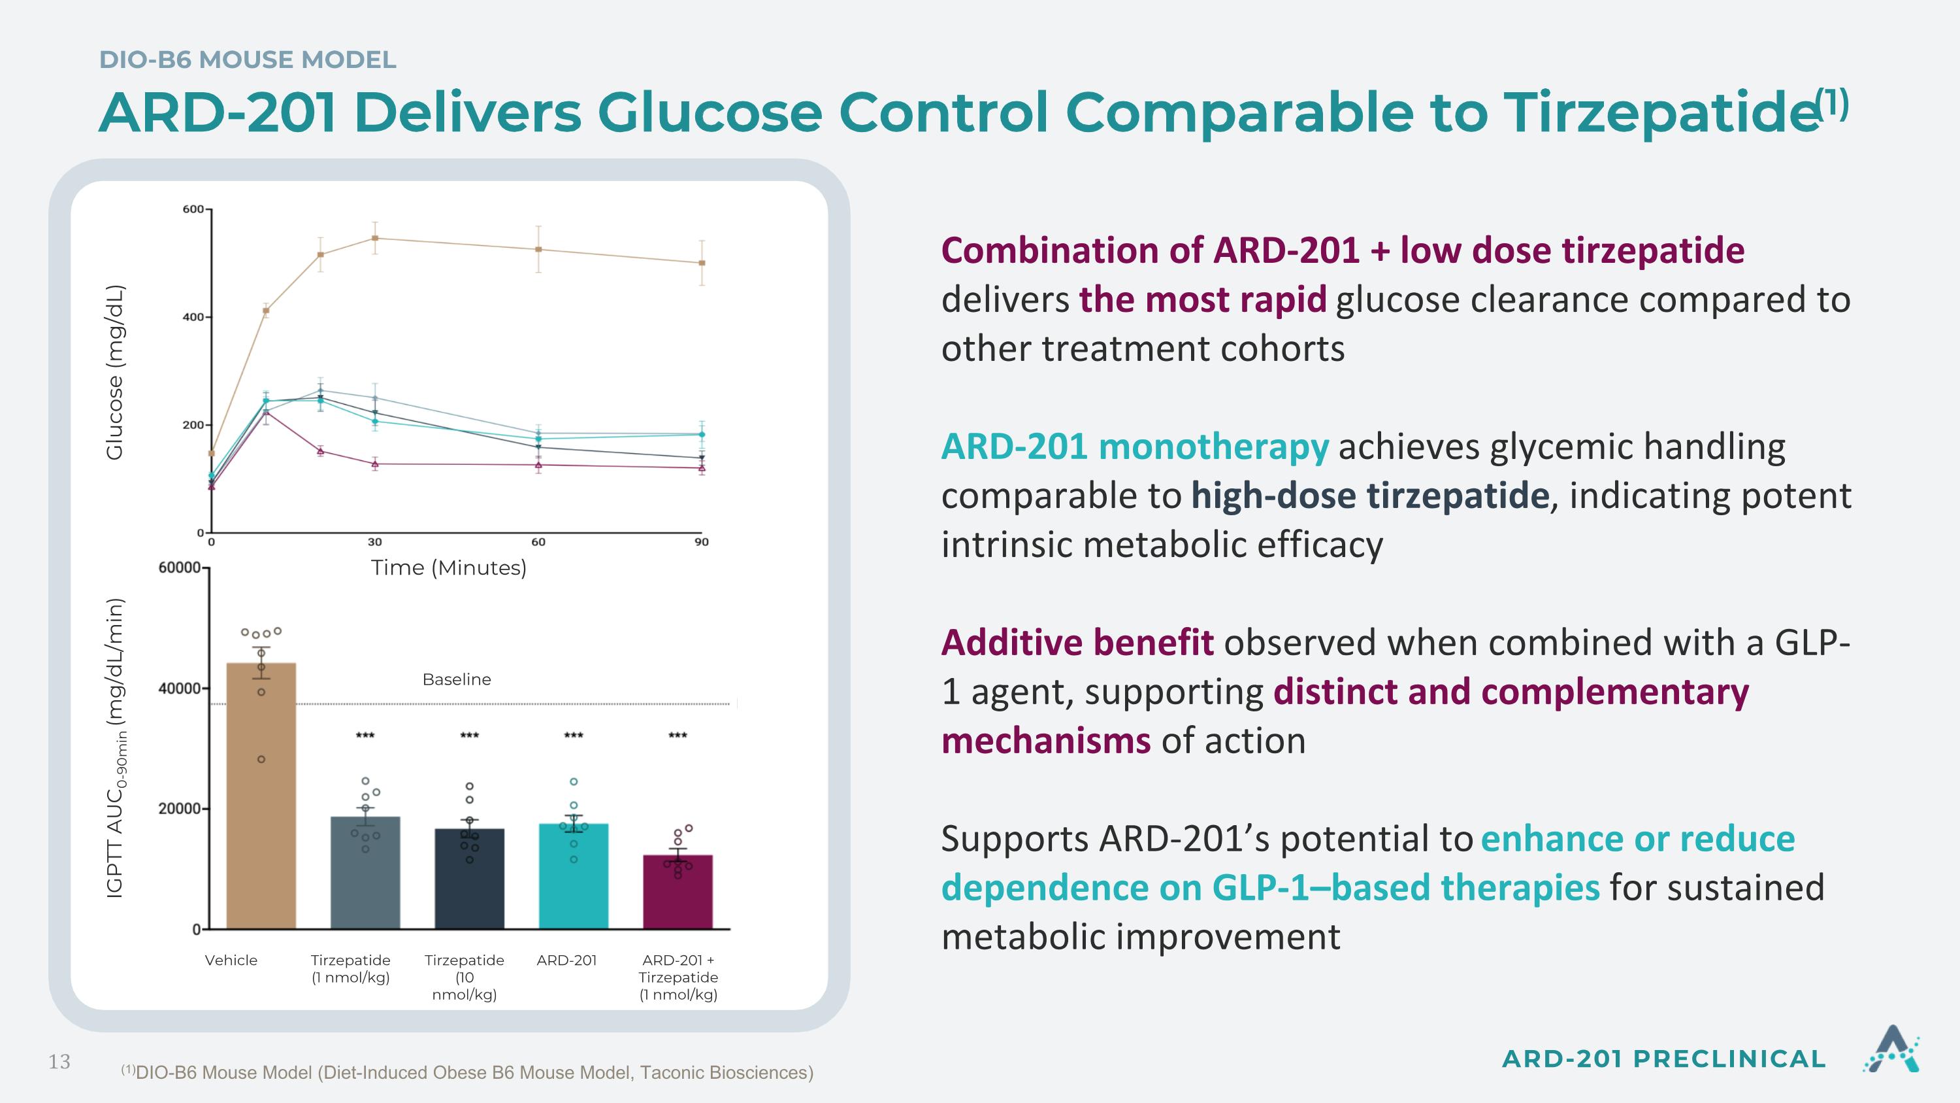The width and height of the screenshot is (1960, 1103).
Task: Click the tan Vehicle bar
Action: (x=261, y=796)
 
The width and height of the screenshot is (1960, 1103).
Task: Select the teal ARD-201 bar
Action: (x=574, y=876)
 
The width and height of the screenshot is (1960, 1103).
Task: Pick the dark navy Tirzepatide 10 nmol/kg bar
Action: (x=470, y=879)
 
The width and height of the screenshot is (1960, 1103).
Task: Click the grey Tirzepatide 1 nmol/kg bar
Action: (x=365, y=872)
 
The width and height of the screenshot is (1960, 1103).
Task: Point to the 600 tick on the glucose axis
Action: (x=193, y=209)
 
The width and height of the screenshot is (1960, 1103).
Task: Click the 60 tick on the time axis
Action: (x=538, y=542)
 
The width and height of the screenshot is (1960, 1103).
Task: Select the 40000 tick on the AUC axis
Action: (x=180, y=688)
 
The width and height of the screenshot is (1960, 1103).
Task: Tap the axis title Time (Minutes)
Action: (x=449, y=568)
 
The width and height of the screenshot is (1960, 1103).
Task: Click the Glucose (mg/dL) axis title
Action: (x=114, y=372)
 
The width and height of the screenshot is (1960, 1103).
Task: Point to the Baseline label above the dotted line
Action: (x=457, y=679)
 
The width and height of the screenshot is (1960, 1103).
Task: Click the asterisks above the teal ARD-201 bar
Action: (x=574, y=736)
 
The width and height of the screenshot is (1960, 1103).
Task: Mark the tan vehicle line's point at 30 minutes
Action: (x=375, y=238)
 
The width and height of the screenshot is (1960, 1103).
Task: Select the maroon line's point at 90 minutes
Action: (x=702, y=468)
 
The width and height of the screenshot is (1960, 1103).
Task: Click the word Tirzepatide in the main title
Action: (x=1661, y=112)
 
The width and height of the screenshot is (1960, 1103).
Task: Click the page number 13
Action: (x=59, y=1062)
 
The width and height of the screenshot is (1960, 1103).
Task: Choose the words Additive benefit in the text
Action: (x=1077, y=643)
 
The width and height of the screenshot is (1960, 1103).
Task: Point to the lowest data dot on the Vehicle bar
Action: (x=261, y=759)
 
